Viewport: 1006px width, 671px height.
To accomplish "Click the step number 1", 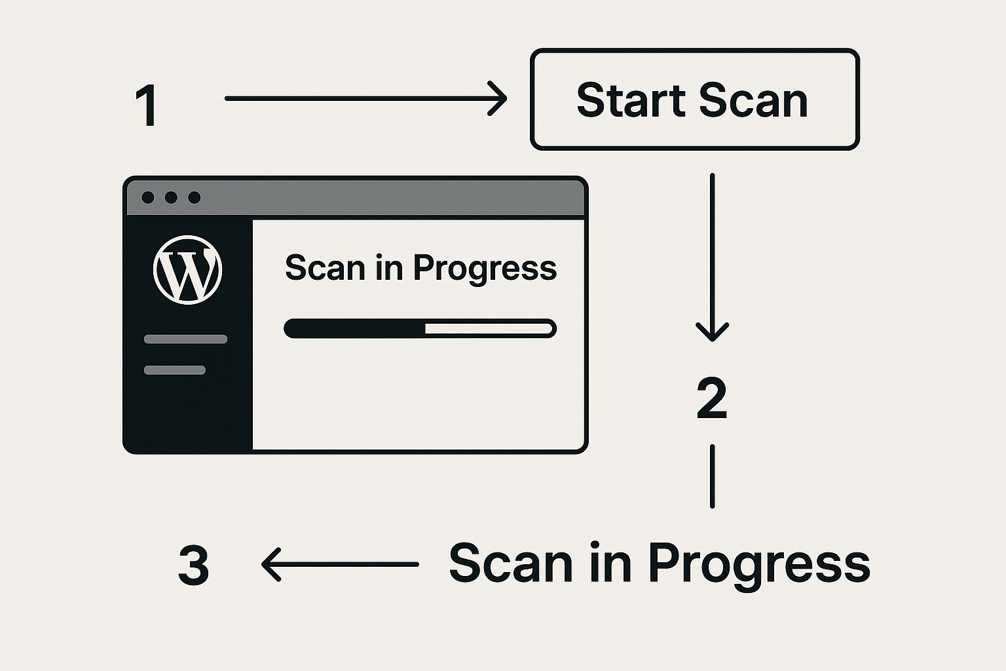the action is pos(147,105).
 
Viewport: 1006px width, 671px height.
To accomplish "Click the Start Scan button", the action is pos(695,100).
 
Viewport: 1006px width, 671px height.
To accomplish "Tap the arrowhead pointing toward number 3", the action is pos(269,564).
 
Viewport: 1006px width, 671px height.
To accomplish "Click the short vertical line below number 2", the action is pos(713,476).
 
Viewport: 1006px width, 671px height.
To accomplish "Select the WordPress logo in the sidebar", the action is pos(188,270).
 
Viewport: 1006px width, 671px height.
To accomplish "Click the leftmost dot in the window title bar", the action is pos(148,197).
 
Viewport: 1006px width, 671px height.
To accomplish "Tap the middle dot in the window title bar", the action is pos(171,197).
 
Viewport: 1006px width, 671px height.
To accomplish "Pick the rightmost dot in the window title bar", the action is pos(195,197).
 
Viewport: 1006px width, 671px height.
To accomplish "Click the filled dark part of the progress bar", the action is pos(355,328).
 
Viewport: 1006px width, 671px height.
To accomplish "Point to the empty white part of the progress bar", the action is pos(489,328).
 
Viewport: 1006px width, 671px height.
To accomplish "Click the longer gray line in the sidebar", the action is pos(185,339).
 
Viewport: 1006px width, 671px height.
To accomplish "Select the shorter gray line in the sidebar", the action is pos(175,370).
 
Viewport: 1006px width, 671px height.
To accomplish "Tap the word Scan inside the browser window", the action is pos(325,268).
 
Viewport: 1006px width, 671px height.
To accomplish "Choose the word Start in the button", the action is pos(631,100).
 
